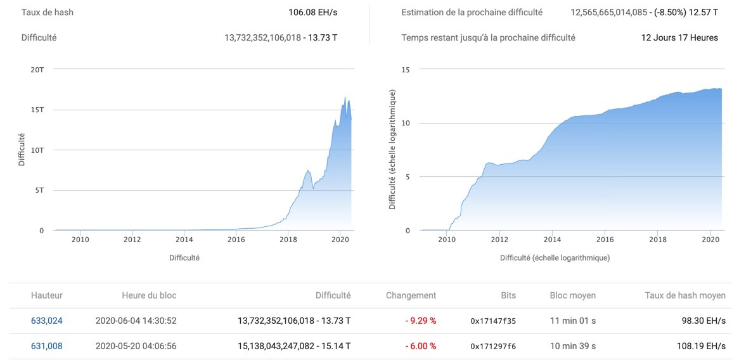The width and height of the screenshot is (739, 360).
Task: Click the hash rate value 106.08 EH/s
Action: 312,12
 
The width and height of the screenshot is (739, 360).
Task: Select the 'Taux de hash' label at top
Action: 48,12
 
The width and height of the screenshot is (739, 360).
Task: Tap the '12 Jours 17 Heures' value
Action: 679,37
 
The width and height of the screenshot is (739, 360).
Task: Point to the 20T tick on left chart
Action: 37,70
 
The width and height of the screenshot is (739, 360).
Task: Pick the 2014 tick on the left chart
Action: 184,240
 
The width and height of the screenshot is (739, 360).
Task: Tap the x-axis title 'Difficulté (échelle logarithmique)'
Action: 555,257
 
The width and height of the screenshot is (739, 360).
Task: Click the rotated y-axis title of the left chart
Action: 22,150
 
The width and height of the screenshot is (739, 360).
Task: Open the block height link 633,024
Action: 47,321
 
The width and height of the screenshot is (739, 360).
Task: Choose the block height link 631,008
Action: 47,346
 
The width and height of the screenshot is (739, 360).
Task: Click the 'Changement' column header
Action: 411,295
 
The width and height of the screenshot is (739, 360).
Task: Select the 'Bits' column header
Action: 508,295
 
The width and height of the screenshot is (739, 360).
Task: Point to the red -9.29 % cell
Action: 420,321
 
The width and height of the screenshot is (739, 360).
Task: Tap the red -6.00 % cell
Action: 420,346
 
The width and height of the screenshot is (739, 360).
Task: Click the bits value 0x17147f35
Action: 493,321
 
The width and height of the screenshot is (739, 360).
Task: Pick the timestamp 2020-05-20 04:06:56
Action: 136,346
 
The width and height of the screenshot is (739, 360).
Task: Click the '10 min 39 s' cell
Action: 573,346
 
